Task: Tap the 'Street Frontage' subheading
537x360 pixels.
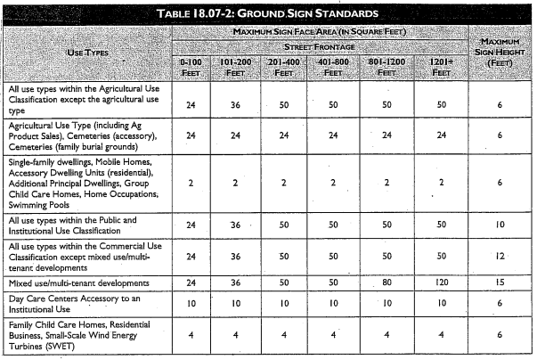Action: click(320, 45)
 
